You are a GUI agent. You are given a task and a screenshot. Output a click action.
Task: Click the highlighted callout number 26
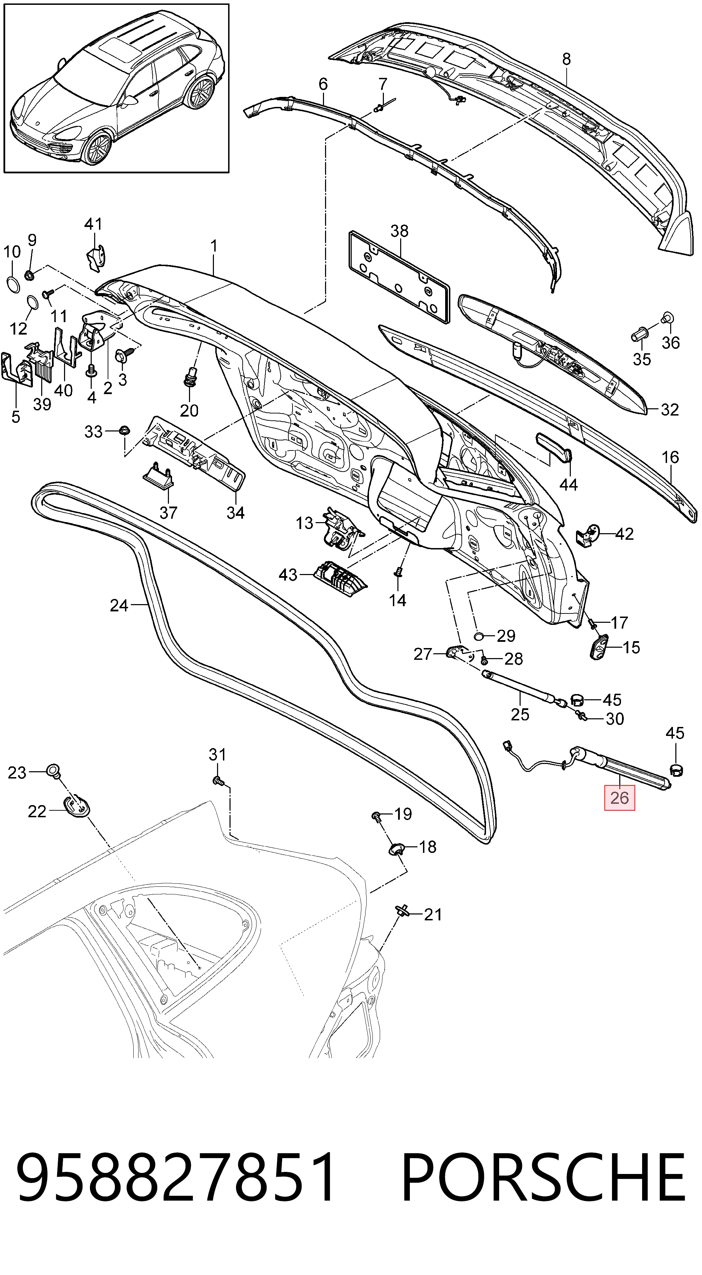tap(619, 798)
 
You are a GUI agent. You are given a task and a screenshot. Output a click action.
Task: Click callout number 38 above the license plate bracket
tap(399, 231)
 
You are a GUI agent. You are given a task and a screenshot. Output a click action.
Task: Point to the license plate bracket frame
tap(399, 277)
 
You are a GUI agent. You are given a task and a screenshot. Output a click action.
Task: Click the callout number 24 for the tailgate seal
tap(119, 605)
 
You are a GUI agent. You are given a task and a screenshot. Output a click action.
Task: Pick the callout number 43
tap(288, 575)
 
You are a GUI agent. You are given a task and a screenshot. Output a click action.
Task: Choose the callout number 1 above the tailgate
tap(214, 246)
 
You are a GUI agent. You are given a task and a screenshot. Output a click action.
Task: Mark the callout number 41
tap(93, 224)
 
